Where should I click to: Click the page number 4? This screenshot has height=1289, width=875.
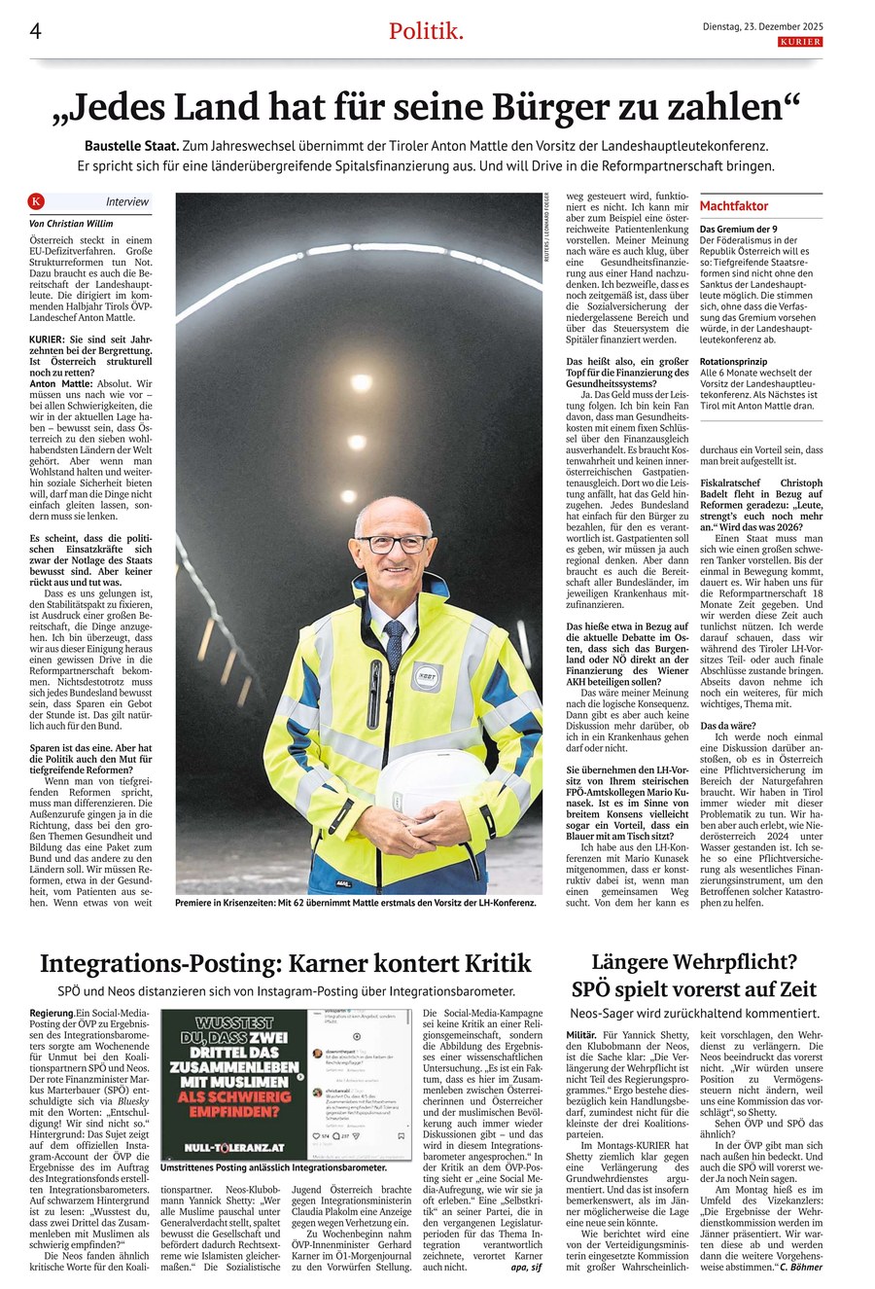tap(35, 31)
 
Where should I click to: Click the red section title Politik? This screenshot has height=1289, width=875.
tap(426, 31)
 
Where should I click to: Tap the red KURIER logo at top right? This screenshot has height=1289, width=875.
tap(800, 42)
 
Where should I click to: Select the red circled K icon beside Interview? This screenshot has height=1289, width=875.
tap(37, 201)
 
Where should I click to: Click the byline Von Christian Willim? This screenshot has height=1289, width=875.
tap(72, 223)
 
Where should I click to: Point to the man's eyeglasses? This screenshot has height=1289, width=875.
tap(393, 542)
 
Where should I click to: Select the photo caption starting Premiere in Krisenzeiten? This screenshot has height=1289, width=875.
tap(356, 903)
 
